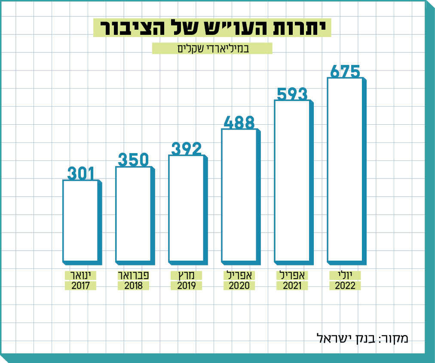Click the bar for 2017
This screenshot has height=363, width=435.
80,221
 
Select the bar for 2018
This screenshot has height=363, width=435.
133,214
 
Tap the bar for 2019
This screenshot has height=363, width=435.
186,208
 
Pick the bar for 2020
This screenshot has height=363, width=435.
239,195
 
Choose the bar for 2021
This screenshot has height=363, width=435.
292,181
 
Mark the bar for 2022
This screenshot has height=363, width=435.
345,169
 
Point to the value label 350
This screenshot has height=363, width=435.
133,160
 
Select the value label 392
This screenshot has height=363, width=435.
187,149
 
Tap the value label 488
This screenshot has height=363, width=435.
239,123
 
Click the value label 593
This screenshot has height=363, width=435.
292,94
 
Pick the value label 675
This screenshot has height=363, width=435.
345,71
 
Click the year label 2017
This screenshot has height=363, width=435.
80,286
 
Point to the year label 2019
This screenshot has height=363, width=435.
186,286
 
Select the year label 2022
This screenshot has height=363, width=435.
345,286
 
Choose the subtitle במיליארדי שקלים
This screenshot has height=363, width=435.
212,48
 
